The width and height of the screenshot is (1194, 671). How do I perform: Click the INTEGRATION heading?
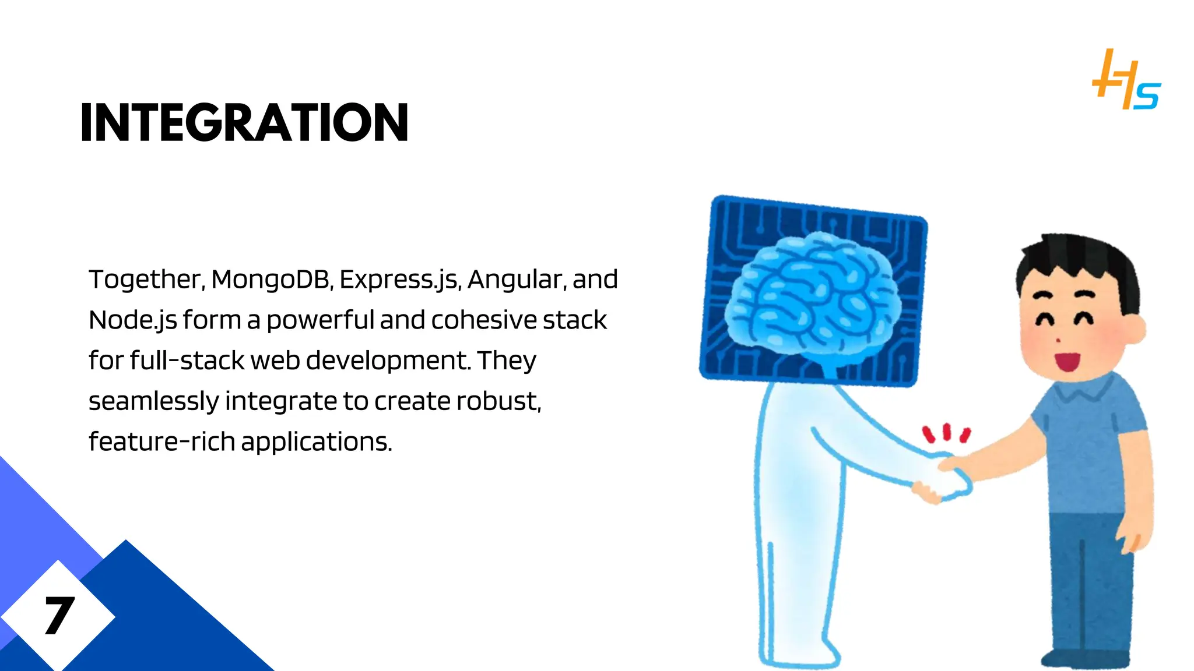point(244,122)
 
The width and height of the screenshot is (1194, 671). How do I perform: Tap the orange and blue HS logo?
point(1126,81)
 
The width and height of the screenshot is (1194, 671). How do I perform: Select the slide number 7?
point(59,616)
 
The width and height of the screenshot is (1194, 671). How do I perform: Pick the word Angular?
point(515,280)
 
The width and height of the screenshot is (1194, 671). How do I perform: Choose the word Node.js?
point(132,320)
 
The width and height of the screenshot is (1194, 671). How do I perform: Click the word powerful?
point(320,320)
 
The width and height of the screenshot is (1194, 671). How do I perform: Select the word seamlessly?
point(154,401)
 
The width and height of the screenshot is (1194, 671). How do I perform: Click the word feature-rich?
point(161,442)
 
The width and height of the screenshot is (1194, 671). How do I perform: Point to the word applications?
point(316,442)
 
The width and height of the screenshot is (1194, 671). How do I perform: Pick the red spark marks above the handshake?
point(946,433)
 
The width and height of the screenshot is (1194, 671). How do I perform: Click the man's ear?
point(1135,329)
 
